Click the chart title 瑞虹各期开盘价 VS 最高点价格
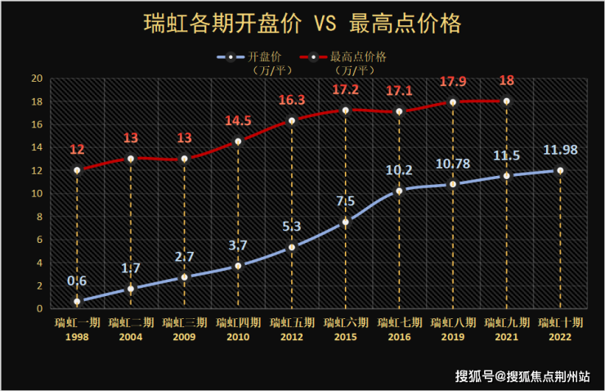(x=302, y=22)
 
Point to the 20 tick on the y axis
(x=36, y=79)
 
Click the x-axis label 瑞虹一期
(x=77, y=322)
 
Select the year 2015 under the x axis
(x=345, y=335)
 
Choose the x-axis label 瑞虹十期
(x=560, y=322)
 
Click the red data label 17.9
(x=453, y=82)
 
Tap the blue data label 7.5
(x=345, y=201)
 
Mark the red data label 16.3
(x=291, y=100)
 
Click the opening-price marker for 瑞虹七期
(x=399, y=191)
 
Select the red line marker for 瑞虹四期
(x=238, y=142)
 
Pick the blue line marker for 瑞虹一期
(x=77, y=302)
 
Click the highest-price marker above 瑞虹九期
(x=506, y=101)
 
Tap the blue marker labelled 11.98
(x=560, y=170)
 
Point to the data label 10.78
(x=453, y=164)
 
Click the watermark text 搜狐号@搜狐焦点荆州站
(x=523, y=376)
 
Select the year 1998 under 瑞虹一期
(x=77, y=335)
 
